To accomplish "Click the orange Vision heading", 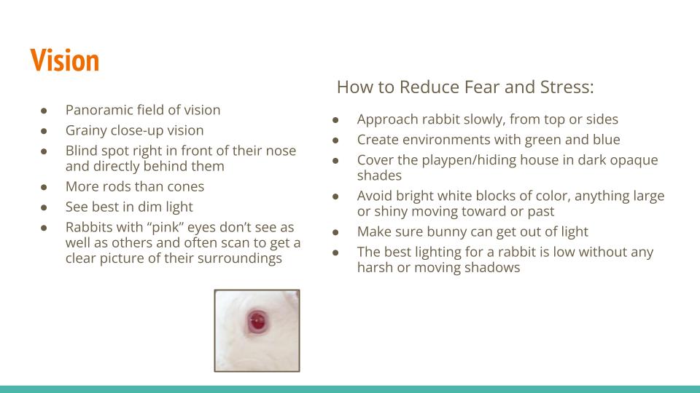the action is tap(65, 60).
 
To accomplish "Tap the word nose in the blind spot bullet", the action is tap(281, 151).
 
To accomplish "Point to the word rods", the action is tap(118, 186).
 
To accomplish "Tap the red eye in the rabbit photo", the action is tap(257, 321).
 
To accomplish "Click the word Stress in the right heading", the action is tap(567, 87).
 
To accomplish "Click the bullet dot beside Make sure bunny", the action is tap(335, 232).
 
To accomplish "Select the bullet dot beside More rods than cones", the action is tap(44, 187).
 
